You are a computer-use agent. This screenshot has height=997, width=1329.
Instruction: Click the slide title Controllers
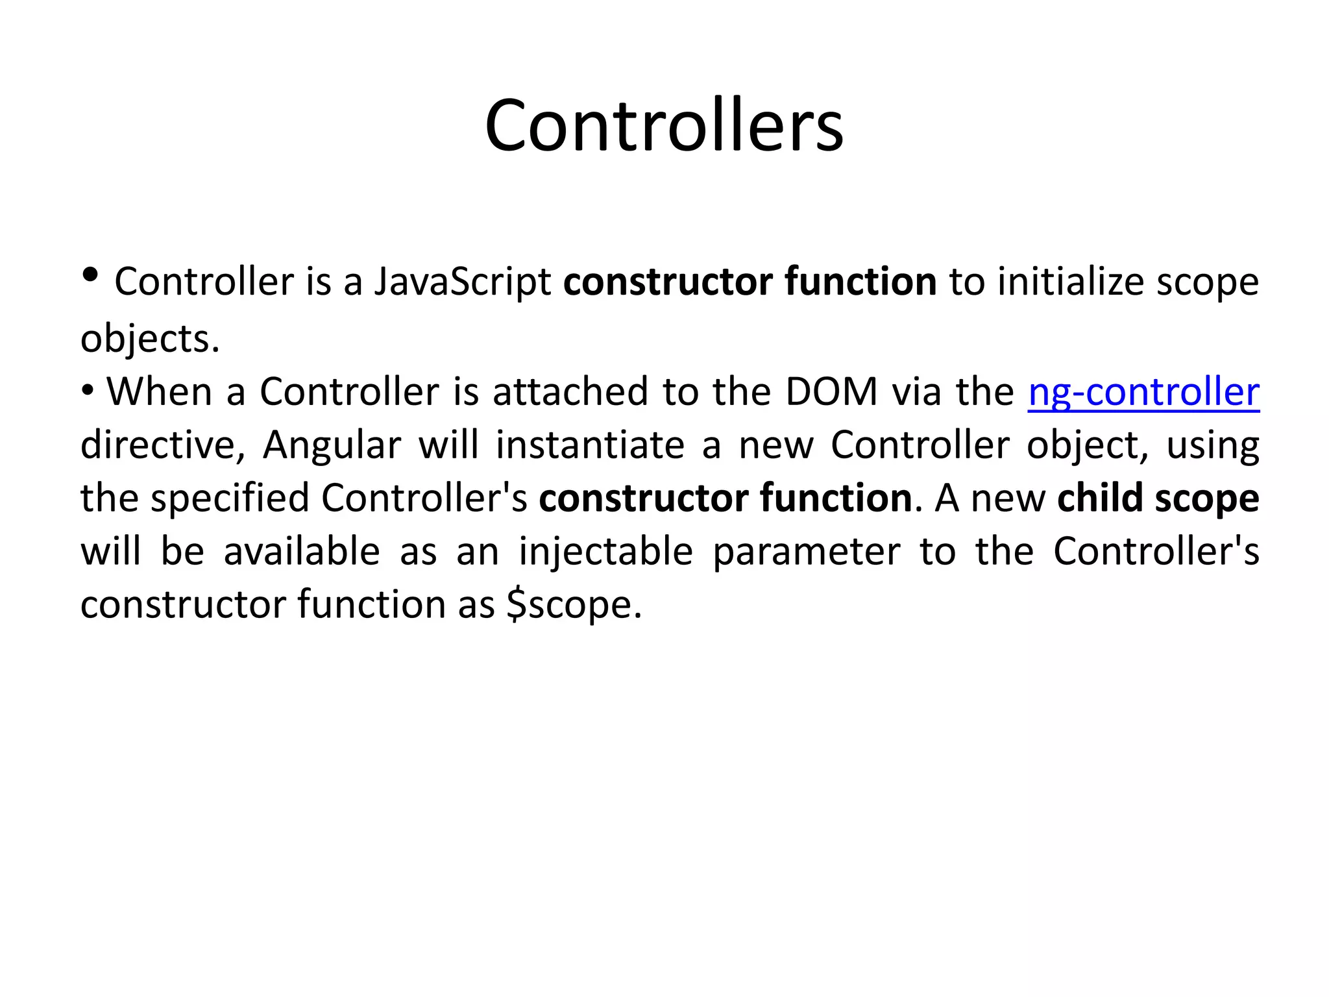pyautogui.click(x=664, y=125)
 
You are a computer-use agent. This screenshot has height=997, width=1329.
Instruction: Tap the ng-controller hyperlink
pyautogui.click(x=1143, y=392)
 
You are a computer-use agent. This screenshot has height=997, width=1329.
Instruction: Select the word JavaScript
pyautogui.click(x=463, y=282)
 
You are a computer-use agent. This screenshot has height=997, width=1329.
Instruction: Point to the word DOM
pyautogui.click(x=831, y=392)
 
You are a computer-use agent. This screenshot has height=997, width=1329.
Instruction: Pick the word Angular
pyautogui.click(x=332, y=446)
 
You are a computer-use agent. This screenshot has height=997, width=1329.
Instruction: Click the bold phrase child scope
pyautogui.click(x=1158, y=498)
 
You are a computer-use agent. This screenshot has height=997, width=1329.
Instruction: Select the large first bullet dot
pyautogui.click(x=91, y=275)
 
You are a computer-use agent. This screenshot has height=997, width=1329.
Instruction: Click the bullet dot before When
pyautogui.click(x=88, y=391)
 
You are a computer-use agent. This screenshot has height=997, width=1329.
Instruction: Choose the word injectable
pyautogui.click(x=605, y=552)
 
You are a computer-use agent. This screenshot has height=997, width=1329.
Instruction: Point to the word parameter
pyautogui.click(x=807, y=552)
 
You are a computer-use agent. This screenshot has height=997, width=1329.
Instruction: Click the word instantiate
pyautogui.click(x=590, y=446)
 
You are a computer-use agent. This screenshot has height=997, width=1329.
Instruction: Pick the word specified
pyautogui.click(x=230, y=498)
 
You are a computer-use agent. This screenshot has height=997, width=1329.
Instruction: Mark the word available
pyautogui.click(x=302, y=552)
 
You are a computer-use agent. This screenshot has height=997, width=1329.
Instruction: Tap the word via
pyautogui.click(x=916, y=392)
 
